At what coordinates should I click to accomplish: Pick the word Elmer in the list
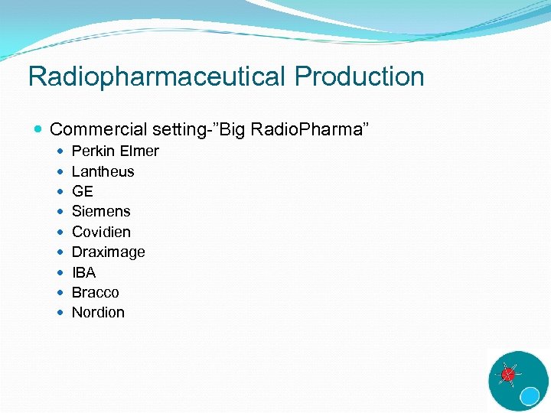pyautogui.click(x=139, y=151)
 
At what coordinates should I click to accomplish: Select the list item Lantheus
pyautogui.click(x=103, y=171)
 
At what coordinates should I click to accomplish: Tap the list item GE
pyautogui.click(x=82, y=192)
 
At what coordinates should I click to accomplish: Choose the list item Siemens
pyautogui.click(x=101, y=212)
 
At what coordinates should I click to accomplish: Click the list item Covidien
pyautogui.click(x=101, y=232)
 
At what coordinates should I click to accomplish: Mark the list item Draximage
pyautogui.click(x=108, y=252)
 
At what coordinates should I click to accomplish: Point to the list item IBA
pyautogui.click(x=83, y=272)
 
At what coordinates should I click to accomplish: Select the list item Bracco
pyautogui.click(x=95, y=292)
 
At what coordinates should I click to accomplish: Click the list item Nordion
pyautogui.click(x=98, y=312)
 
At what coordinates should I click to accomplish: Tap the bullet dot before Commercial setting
pyautogui.click(x=39, y=130)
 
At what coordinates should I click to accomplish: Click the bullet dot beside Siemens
pyautogui.click(x=61, y=212)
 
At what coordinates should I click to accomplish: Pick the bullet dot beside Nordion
pyautogui.click(x=61, y=312)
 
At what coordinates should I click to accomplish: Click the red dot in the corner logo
pyautogui.click(x=507, y=375)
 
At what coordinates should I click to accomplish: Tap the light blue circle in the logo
pyautogui.click(x=530, y=395)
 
